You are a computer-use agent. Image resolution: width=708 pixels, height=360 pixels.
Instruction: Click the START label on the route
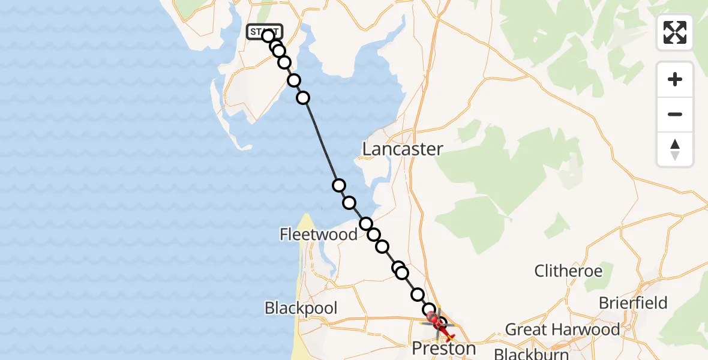coord(263,31)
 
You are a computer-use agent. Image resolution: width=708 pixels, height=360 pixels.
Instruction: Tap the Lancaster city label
coord(403,149)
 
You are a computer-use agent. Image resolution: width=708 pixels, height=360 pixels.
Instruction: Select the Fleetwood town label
coord(319,234)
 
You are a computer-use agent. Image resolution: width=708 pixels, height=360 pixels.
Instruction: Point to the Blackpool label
coord(301,308)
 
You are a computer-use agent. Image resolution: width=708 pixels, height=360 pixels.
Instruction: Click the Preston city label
coord(443,349)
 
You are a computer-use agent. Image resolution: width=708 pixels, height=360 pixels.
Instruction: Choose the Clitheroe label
coord(568,271)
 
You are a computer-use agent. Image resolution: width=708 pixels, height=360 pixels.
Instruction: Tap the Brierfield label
coord(632,303)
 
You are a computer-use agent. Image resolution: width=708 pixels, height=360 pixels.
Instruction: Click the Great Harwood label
coord(562,329)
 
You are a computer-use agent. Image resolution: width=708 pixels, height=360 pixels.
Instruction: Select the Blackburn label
coord(531,353)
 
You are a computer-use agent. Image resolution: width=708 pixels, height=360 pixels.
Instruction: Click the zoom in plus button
coord(675,79)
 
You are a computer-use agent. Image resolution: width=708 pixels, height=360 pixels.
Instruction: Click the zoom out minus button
coord(675,114)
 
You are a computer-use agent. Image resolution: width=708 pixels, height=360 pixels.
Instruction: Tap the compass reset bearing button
coord(675,149)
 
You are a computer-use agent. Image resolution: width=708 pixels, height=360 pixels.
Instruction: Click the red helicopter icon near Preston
coord(442,325)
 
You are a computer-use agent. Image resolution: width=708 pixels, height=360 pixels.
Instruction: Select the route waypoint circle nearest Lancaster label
coord(339,185)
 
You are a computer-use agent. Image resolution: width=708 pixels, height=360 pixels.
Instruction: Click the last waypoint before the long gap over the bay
coord(303,98)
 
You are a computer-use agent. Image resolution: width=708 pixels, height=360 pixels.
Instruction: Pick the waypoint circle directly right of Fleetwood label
coord(366,224)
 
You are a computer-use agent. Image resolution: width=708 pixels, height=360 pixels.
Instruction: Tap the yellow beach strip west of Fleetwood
coord(307,228)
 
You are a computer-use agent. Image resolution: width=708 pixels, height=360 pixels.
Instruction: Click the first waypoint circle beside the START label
coord(268,36)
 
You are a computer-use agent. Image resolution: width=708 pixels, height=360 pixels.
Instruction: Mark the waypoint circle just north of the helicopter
coord(430,310)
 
